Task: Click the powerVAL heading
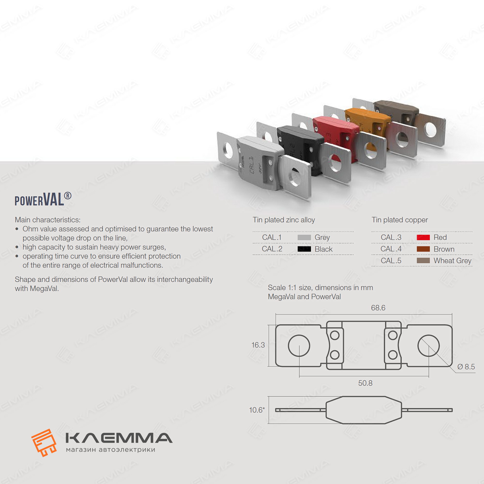pyautogui.click(x=43, y=200)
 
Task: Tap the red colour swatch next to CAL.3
pyautogui.click(x=423, y=237)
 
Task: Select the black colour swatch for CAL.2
pyautogui.click(x=304, y=249)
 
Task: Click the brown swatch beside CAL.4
pyautogui.click(x=423, y=249)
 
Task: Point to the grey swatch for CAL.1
pyautogui.click(x=304, y=237)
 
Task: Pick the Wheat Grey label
pyautogui.click(x=453, y=261)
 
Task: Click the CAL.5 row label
pyautogui.click(x=391, y=261)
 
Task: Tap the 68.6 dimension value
pyautogui.click(x=378, y=308)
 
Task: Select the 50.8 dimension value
pyautogui.click(x=365, y=383)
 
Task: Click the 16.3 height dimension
pyautogui.click(x=258, y=345)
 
